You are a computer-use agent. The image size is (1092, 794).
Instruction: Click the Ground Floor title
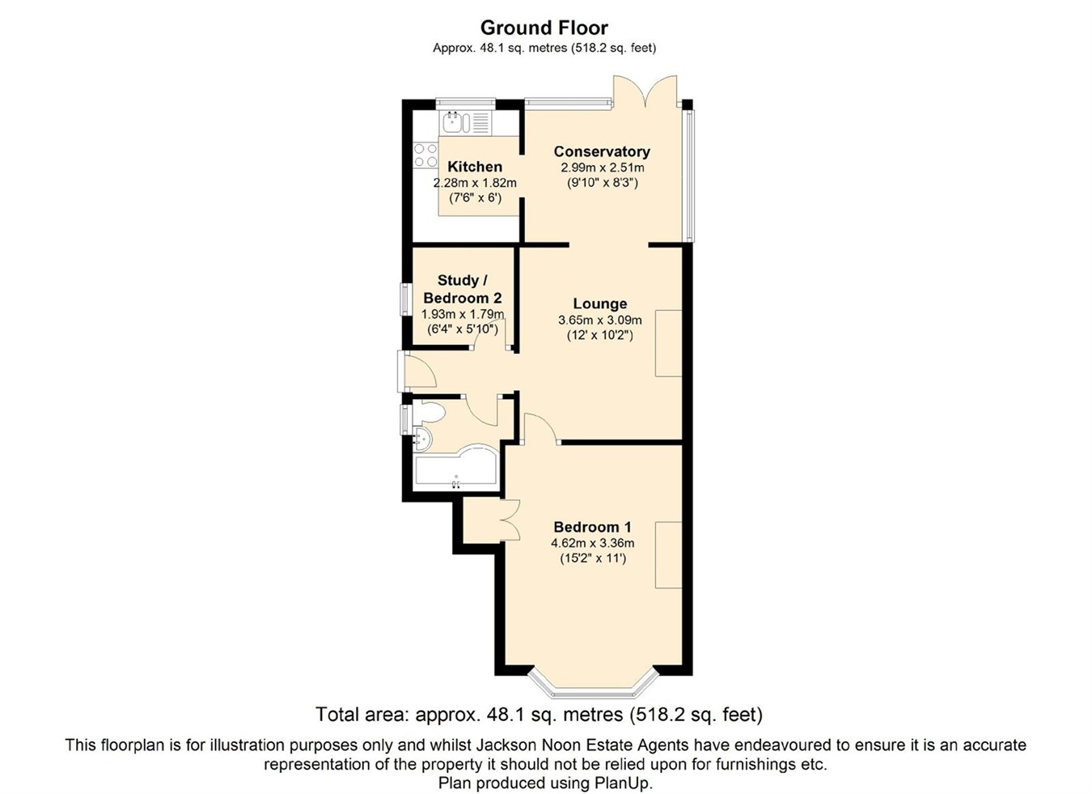[544, 28]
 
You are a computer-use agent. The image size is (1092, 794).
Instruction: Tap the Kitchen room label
[475, 167]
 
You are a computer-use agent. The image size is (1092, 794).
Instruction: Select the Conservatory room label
[601, 151]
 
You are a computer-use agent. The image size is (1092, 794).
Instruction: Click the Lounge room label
[599, 304]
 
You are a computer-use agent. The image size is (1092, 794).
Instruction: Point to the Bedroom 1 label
[592, 527]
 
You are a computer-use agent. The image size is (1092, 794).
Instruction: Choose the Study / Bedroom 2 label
[462, 289]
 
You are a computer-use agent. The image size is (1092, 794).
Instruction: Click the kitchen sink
[455, 123]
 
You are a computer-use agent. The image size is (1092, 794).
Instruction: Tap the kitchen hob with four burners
[425, 155]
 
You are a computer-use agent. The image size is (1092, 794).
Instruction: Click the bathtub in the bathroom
[455, 470]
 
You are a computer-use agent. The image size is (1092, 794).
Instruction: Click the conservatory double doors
[645, 91]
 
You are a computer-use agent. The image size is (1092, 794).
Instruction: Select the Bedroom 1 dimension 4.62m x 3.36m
[592, 543]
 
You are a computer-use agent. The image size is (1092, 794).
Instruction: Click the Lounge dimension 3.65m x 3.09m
[599, 320]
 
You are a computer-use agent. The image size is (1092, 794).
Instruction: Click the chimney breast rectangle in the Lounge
[668, 343]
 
